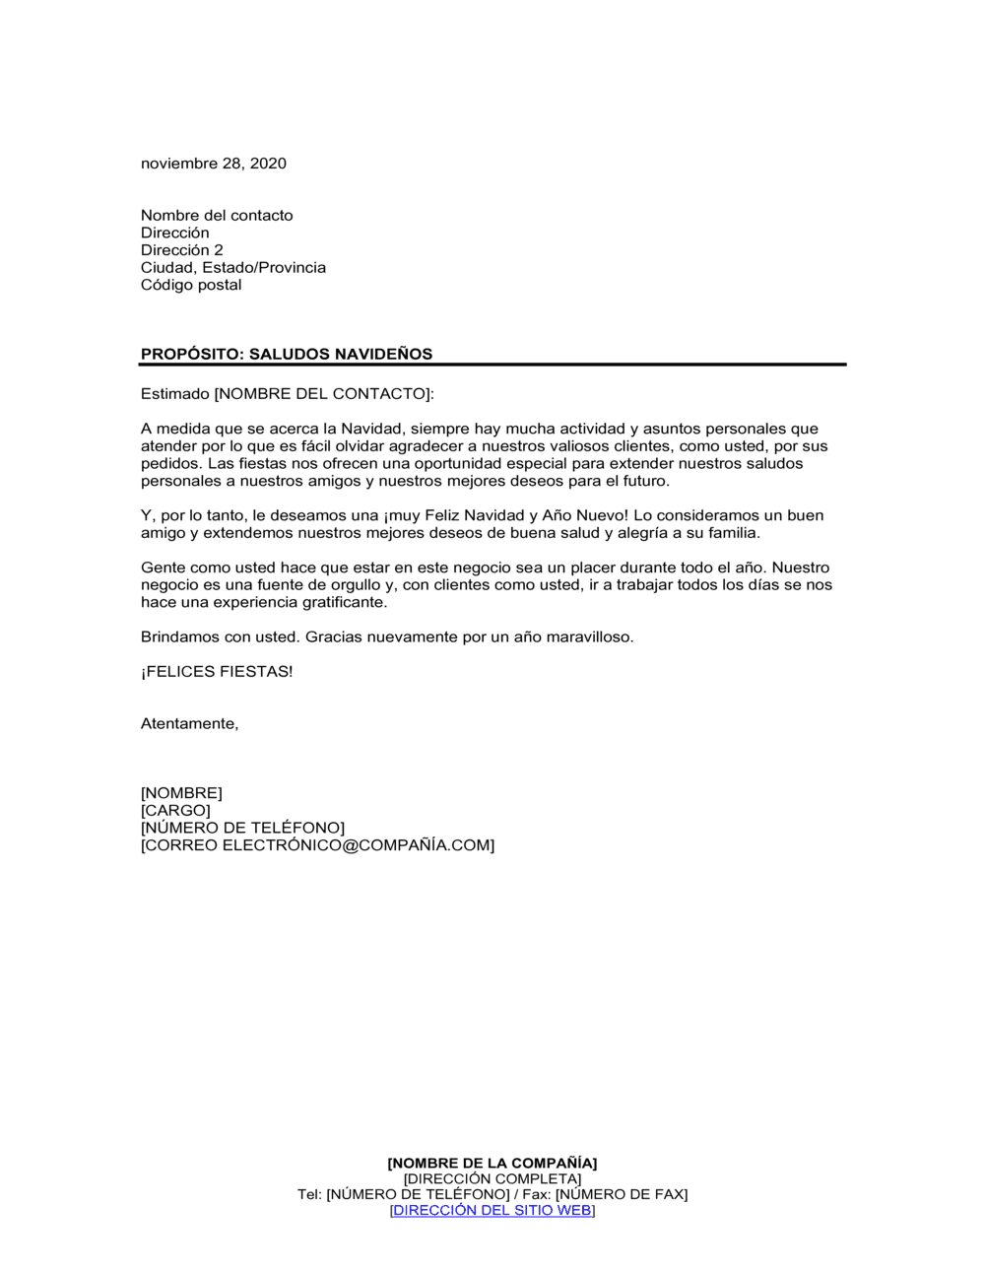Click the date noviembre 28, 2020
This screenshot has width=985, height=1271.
[214, 164]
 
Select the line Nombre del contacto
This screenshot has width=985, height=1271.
[217, 216]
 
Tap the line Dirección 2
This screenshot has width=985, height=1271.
[182, 250]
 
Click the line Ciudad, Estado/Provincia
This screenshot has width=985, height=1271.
[233, 268]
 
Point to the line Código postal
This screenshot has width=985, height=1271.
[191, 285]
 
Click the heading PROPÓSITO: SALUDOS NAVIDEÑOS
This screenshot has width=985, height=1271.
[287, 354]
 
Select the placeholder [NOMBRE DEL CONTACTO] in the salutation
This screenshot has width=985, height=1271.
[323, 394]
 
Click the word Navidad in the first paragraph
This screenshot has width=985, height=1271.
[371, 429]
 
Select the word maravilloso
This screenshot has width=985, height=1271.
[589, 637]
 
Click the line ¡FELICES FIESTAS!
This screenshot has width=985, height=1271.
[217, 672]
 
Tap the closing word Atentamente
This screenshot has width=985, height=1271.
[189, 724]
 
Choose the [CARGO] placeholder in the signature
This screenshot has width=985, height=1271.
[175, 811]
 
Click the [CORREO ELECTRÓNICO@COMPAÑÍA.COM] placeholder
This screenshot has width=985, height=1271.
[317, 845]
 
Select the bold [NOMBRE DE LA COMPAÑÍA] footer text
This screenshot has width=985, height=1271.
[492, 1164]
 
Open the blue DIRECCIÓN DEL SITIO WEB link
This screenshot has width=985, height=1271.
[492, 1211]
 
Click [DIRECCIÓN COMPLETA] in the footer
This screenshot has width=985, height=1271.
[492, 1179]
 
